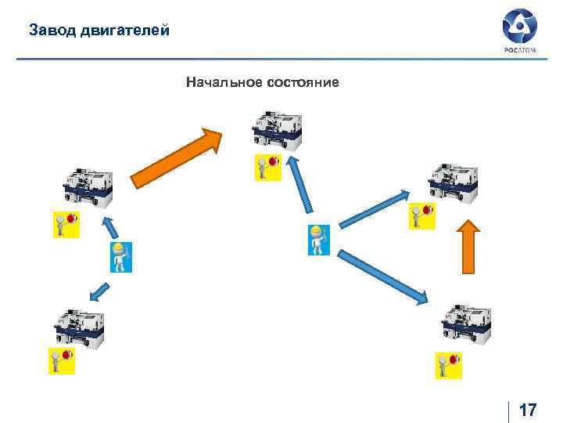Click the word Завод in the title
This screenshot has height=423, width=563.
[x=51, y=31]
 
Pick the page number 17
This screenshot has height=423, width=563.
[x=528, y=410]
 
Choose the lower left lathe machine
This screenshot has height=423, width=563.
[x=80, y=328]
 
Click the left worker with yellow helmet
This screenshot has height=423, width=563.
[x=119, y=257]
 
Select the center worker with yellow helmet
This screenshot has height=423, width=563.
[x=316, y=240]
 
